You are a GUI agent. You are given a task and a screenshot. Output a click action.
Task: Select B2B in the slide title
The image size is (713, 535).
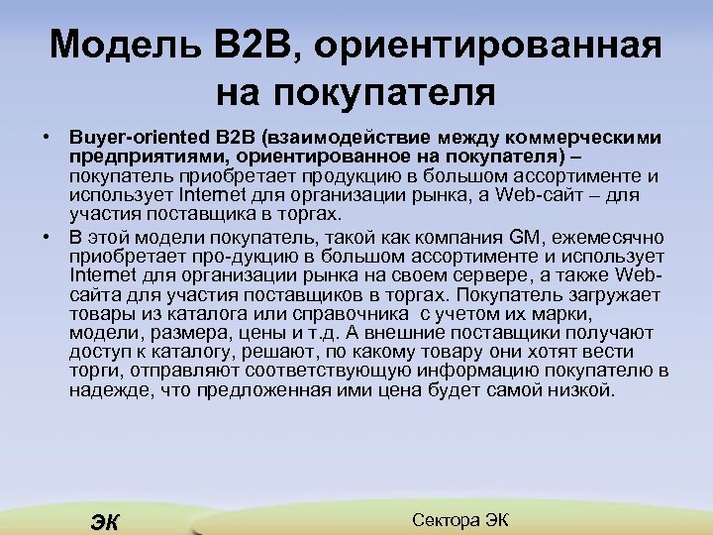pos(237,46)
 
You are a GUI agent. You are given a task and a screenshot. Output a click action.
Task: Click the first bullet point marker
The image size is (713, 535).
pos(47,134)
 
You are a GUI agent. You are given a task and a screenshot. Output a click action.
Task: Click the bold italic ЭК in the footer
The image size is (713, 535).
pos(101,522)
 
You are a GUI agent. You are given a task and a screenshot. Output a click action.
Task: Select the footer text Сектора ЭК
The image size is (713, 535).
pos(458,520)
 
